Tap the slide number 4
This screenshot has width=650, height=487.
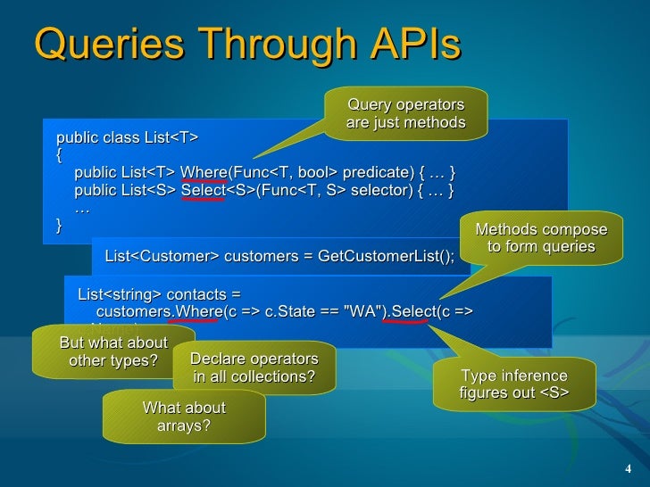pyautogui.click(x=628, y=470)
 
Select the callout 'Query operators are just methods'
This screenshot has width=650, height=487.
pyautogui.click(x=406, y=113)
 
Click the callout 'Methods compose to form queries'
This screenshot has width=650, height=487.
pyautogui.click(x=541, y=238)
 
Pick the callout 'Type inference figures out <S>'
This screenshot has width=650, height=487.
pyautogui.click(x=513, y=384)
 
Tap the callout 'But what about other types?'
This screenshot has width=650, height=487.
pyautogui.click(x=113, y=351)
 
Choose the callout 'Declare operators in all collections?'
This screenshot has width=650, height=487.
pyautogui.click(x=254, y=367)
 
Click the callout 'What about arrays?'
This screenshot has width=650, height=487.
pyautogui.click(x=184, y=417)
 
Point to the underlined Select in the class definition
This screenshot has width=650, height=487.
pyautogui.click(x=203, y=190)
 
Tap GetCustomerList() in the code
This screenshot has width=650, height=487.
pyautogui.click(x=396, y=257)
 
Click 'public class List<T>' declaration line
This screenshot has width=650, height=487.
pyautogui.click(x=127, y=137)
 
